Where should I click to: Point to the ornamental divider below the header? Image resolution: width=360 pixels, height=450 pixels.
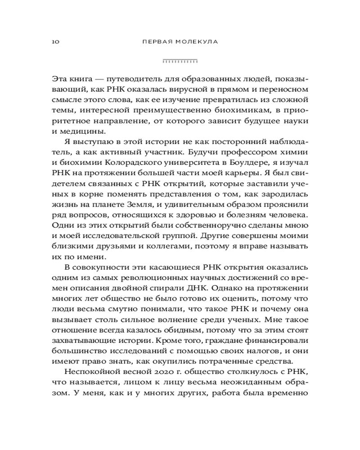coord(180,60)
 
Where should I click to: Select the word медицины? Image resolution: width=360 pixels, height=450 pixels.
coord(82,131)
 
